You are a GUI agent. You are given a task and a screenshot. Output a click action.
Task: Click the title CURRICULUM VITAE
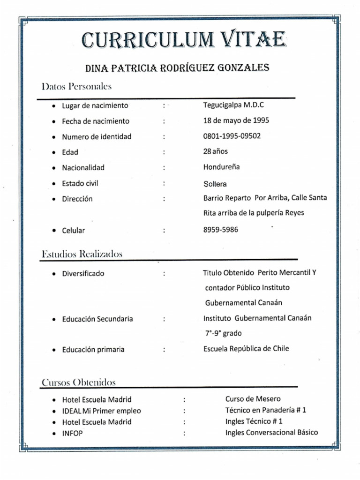point(182,40)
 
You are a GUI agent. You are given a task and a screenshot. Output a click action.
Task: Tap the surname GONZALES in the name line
point(243,67)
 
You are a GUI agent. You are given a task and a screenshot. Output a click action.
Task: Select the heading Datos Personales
point(76,86)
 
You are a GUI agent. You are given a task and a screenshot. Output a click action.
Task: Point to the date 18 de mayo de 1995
point(236,120)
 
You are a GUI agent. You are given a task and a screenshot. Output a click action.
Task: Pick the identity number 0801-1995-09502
point(232,136)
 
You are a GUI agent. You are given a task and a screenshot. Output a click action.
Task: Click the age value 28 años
point(216,151)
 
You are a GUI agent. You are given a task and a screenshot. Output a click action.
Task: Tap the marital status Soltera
point(215,184)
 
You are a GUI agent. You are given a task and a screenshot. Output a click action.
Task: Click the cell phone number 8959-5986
point(221,230)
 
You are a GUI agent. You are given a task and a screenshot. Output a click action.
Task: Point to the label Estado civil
point(80,183)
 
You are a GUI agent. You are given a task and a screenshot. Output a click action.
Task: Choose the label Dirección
point(77,199)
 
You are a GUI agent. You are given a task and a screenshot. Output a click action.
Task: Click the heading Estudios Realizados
point(82,254)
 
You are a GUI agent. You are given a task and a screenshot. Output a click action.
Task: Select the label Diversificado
point(83,273)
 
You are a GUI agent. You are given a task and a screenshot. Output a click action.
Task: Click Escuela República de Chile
point(246,348)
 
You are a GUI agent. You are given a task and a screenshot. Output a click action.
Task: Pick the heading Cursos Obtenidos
point(78,382)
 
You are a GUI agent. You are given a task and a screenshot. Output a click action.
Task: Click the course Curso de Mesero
point(253,399)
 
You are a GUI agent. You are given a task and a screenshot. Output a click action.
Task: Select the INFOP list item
point(72,434)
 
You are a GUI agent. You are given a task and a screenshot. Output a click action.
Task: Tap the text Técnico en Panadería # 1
point(265,410)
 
